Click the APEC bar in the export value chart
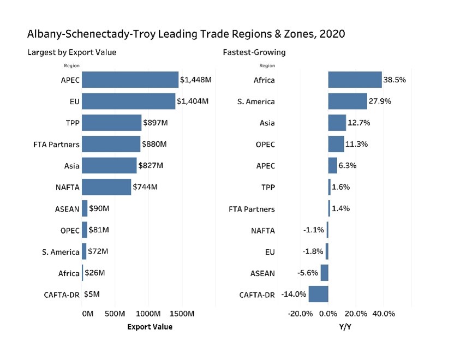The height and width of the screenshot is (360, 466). tap(130, 80)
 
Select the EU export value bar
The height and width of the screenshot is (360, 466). tap(128, 101)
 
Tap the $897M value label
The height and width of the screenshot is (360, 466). tap(155, 123)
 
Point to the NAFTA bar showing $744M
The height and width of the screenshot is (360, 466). tap(106, 187)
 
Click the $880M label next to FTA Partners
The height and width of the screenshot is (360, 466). tap(154, 145)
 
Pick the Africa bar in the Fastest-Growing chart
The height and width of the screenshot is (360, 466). tap(355, 80)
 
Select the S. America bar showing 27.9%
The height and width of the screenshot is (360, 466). tap(347, 101)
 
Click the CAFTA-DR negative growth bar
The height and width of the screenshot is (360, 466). tap(318, 294)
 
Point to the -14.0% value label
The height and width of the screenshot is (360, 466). tap(294, 294)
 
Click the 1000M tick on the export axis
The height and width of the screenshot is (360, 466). tap(148, 314)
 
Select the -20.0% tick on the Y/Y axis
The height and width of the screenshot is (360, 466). tap(300, 314)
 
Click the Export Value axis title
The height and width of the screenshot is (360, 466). tap(150, 327)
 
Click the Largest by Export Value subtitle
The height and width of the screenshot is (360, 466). tap(71, 52)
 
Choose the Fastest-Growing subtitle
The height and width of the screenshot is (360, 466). tap(254, 52)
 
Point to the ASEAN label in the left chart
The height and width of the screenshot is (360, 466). tap(67, 209)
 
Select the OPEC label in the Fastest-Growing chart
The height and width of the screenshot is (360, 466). tap(265, 145)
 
